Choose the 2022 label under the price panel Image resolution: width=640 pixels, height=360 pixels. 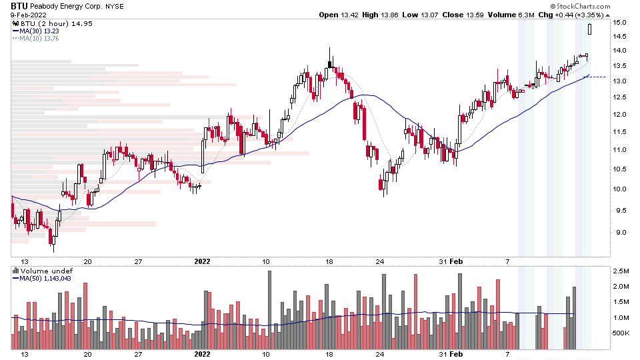point(203,262)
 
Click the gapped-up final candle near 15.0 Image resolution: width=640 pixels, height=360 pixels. point(589,29)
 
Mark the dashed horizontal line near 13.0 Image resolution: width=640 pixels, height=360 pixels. point(598,77)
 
